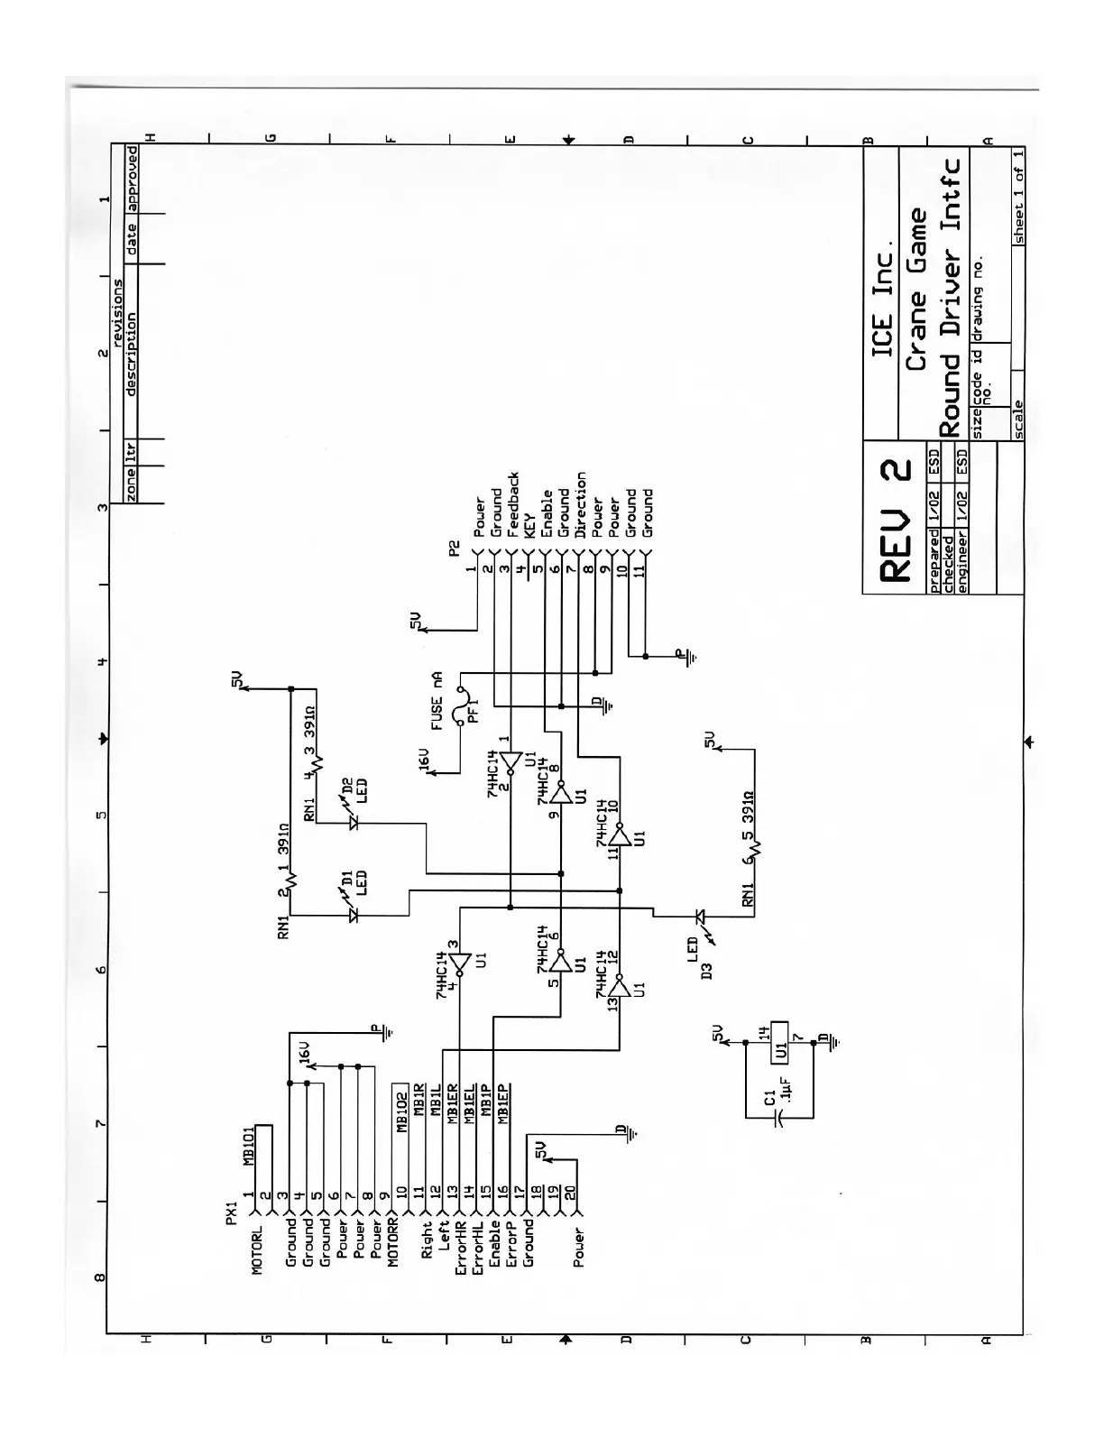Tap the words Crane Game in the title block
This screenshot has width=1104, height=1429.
pyautogui.click(x=916, y=289)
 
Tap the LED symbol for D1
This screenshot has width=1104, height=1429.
pyautogui.click(x=354, y=916)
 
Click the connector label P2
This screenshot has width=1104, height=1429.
pyautogui.click(x=455, y=548)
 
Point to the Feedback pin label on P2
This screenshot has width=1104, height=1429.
pyautogui.click(x=513, y=504)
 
